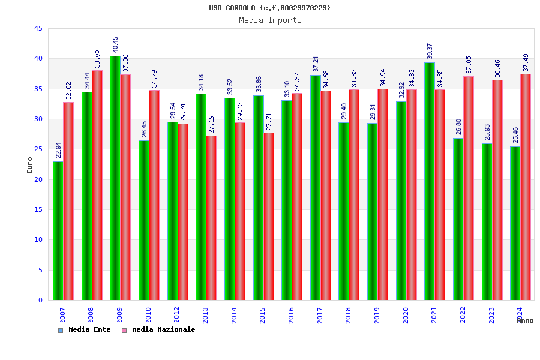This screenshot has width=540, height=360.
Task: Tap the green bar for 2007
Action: [x=58, y=230]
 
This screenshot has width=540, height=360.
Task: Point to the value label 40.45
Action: [x=116, y=44]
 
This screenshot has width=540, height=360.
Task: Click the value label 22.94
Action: [x=58, y=150]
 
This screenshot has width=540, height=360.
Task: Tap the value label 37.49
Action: [x=526, y=62]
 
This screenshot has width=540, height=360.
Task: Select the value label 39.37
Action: [x=430, y=51]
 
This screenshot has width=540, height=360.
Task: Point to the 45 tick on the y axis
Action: [x=38, y=29]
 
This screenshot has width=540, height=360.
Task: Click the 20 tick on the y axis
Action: [x=38, y=179]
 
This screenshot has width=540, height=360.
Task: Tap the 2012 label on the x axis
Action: [x=177, y=315]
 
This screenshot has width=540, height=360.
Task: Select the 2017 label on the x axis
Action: [x=320, y=315]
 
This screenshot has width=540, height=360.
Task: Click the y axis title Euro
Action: [x=30, y=165]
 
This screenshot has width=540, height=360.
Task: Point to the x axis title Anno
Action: [x=525, y=321]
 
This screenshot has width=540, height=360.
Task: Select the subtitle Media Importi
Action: [x=270, y=20]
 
